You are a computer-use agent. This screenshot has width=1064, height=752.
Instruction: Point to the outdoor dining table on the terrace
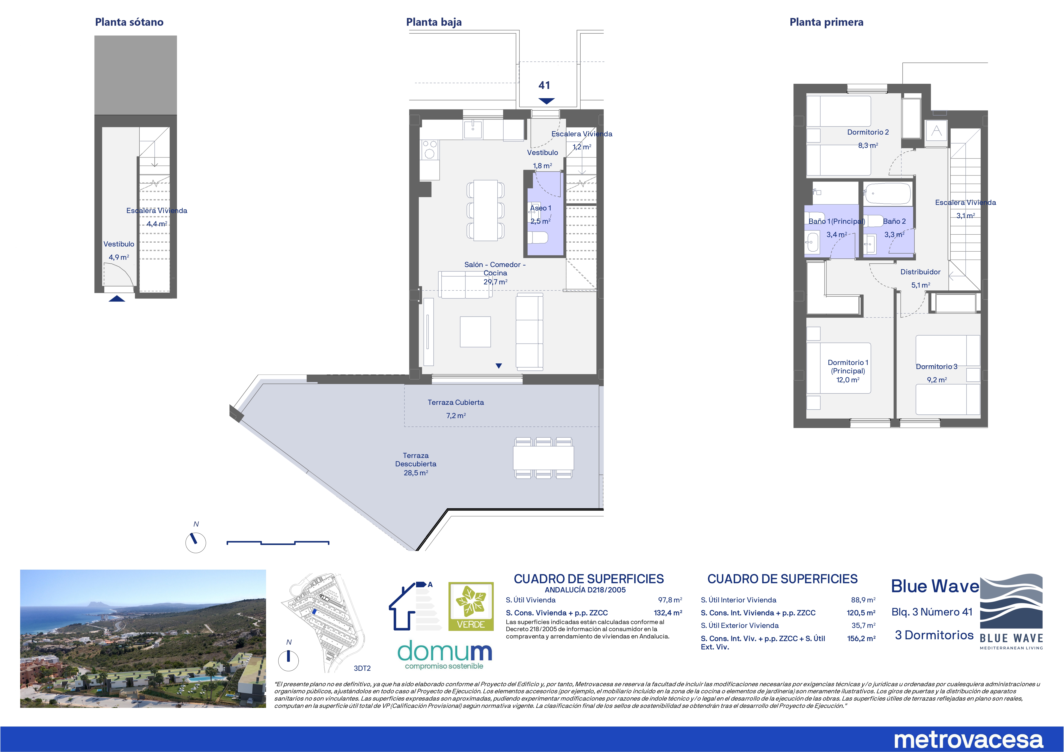pyautogui.click(x=543, y=458)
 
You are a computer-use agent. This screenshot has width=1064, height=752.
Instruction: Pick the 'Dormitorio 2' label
pyautogui.click(x=868, y=132)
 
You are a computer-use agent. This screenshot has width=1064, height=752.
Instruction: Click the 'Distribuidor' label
pyautogui.click(x=920, y=272)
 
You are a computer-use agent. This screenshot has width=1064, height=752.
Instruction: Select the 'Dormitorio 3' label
pyautogui.click(x=937, y=366)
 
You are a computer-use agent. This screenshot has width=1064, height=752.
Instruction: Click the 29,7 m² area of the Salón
pyautogui.click(x=495, y=282)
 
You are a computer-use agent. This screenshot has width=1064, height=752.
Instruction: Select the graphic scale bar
pyautogui.click(x=278, y=543)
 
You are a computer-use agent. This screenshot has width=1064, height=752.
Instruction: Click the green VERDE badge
pyautogui.click(x=471, y=606)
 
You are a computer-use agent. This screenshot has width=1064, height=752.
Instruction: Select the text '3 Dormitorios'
pyautogui.click(x=934, y=635)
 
